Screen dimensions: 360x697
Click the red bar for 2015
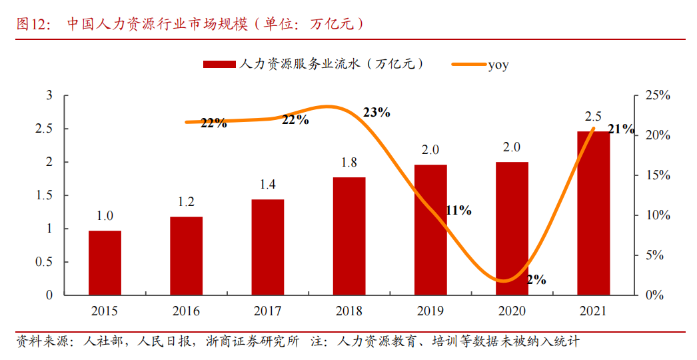pyautogui.click(x=105, y=263)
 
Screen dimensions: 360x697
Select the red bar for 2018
pyautogui.click(x=349, y=236)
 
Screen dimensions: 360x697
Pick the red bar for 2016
pyautogui.click(x=186, y=256)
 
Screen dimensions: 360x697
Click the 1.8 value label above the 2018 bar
pyautogui.click(x=348, y=163)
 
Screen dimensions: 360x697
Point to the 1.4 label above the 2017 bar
pyautogui.click(x=268, y=185)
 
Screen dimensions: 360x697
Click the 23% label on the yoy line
pyautogui.click(x=376, y=112)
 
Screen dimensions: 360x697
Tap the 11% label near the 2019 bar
pyautogui.click(x=458, y=211)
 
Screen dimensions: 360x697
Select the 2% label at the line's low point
pyautogui.click(x=536, y=280)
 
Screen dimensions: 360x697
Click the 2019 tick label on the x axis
pyautogui.click(x=430, y=311)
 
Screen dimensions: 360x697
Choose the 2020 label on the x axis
pyautogui.click(x=512, y=311)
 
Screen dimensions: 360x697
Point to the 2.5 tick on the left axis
pyautogui.click(x=43, y=129)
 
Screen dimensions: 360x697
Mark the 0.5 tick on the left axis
pyautogui.click(x=43, y=262)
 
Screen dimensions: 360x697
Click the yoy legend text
pyautogui.click(x=498, y=65)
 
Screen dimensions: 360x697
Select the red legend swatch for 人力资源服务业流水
pyautogui.click(x=219, y=64)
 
